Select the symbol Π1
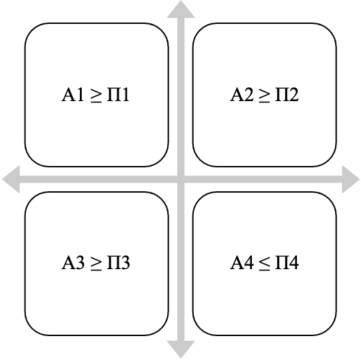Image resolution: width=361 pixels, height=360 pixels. [118, 94]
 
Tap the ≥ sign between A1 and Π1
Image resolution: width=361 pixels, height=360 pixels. [96, 96]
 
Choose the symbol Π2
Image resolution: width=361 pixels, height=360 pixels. [287, 94]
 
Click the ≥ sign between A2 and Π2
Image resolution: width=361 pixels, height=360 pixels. [264, 96]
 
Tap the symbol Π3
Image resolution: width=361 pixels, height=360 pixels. [118, 262]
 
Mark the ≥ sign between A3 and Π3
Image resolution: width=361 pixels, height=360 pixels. [96, 264]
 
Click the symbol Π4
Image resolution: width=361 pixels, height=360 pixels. [287, 262]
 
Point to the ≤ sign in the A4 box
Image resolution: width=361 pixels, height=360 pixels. [264, 264]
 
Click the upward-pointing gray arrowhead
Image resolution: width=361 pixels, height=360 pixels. [181, 10]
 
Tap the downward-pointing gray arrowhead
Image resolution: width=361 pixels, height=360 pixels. [181, 350]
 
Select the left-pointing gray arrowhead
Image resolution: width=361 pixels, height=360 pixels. [11, 179]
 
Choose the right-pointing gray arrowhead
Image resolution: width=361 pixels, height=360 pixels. [351, 179]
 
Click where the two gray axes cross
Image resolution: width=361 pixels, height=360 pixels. [181, 179]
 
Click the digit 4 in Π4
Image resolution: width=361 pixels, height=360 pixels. [293, 262]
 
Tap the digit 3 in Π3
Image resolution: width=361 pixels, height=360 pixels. [125, 263]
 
